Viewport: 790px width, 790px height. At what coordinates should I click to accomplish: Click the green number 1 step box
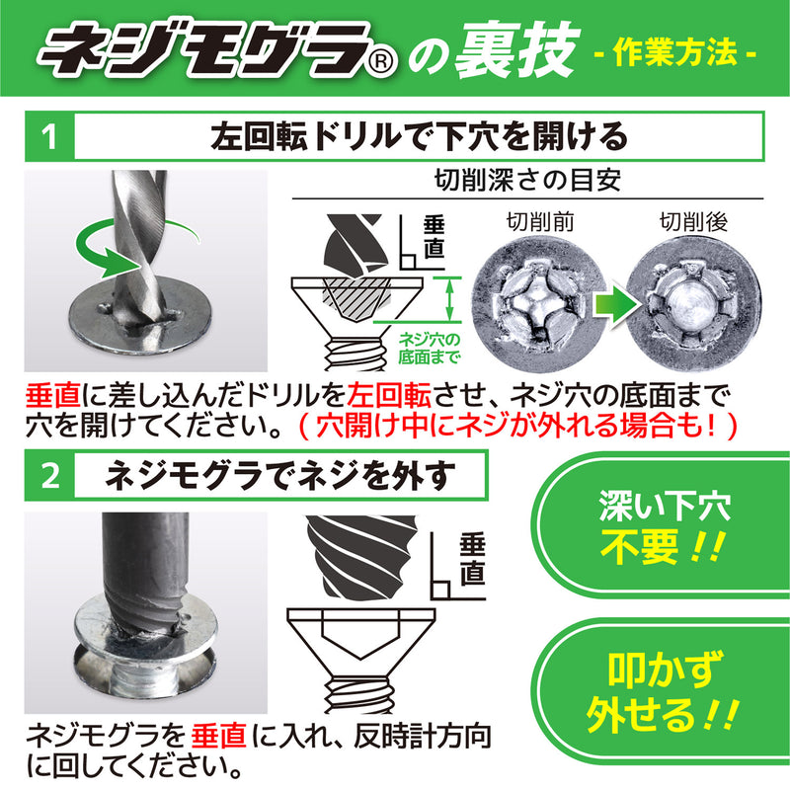click(47, 136)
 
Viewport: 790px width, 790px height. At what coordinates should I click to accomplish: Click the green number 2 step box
click(47, 475)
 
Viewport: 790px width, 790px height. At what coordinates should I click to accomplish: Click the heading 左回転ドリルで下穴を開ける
click(419, 136)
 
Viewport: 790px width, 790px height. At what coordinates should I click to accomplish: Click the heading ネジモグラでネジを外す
click(280, 475)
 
